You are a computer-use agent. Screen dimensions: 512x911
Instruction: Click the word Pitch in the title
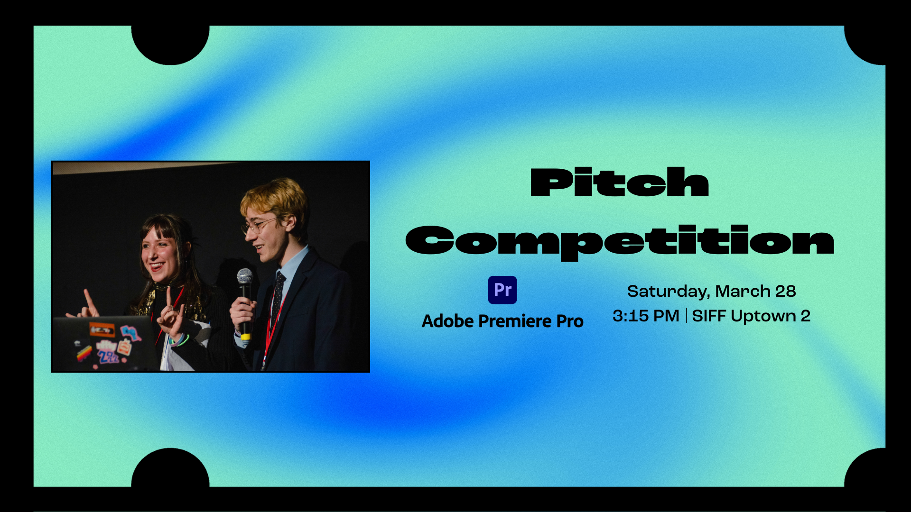coord(619,182)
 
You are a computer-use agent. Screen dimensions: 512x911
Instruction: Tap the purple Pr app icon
coord(502,290)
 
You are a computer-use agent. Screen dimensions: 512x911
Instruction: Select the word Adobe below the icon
coord(447,321)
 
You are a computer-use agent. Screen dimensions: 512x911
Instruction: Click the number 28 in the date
coord(785,291)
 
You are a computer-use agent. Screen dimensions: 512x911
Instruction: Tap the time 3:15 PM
coord(646,316)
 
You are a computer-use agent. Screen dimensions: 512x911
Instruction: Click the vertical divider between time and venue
coord(686,316)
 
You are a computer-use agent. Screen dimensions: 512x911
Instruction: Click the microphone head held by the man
coord(245,276)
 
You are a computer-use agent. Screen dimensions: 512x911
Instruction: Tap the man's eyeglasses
coord(259,225)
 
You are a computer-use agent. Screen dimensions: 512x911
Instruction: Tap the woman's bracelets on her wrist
coord(180,340)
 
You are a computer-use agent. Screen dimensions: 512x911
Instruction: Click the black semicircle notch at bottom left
coord(170,469)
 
